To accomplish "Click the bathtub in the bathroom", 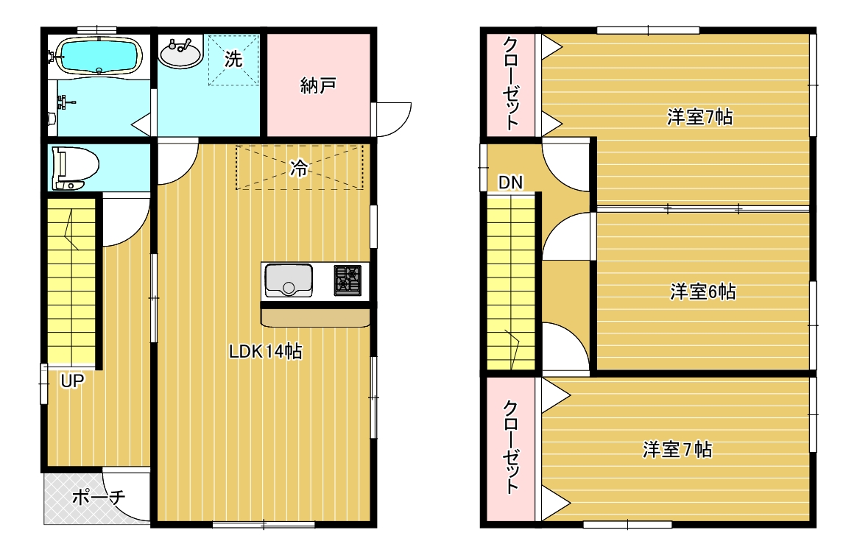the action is [99, 56].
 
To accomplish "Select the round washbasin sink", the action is [180, 53].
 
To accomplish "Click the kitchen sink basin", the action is [288, 280].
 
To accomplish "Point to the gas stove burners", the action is [348, 280].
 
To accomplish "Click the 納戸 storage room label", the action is [317, 86].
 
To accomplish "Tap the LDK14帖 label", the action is [266, 351].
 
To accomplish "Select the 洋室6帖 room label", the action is [703, 291].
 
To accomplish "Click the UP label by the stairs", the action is [72, 381].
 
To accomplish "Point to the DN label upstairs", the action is [510, 183].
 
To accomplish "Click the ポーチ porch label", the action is [99, 497].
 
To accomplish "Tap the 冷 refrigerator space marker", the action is [298, 169].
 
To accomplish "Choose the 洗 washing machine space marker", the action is [233, 59].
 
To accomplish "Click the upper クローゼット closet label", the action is [511, 83].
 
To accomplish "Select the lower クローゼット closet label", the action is [511, 447].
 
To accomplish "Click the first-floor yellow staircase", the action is [71, 280].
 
